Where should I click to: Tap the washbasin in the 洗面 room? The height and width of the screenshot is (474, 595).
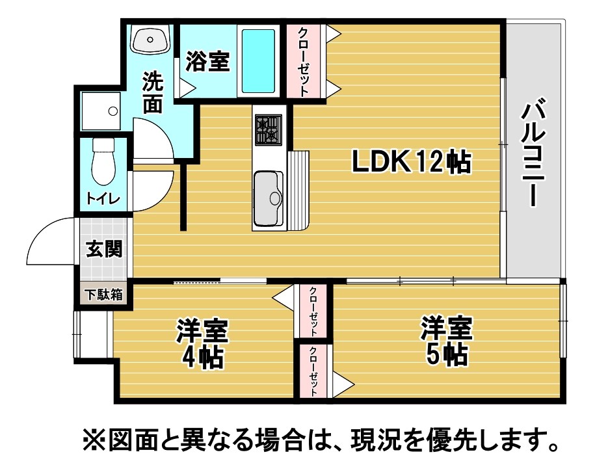pyautogui.click(x=150, y=39)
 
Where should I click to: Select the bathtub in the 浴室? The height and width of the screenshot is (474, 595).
pyautogui.click(x=258, y=61)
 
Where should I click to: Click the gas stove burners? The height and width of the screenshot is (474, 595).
pyautogui.click(x=269, y=129)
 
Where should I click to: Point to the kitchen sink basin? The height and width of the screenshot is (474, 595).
pyautogui.click(x=269, y=198)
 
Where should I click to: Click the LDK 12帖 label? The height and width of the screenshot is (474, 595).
pyautogui.click(x=412, y=162)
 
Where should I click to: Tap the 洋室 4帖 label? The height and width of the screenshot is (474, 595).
pyautogui.click(x=202, y=344)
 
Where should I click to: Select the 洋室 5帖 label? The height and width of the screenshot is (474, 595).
pyautogui.click(x=446, y=341)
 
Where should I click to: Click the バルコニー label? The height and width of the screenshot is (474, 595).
pyautogui.click(x=533, y=151)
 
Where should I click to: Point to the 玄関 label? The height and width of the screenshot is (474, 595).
pyautogui.click(x=104, y=249)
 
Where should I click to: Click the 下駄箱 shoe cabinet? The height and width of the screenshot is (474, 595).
pyautogui.click(x=104, y=295)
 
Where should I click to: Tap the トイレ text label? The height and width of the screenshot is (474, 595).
pyautogui.click(x=103, y=198)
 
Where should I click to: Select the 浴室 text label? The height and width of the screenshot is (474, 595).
pyautogui.click(x=207, y=62)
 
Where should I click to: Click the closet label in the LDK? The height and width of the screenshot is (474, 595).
pyautogui.click(x=304, y=62)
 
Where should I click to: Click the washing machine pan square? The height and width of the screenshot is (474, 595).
pyautogui.click(x=101, y=111)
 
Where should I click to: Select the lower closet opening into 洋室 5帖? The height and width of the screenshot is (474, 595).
pyautogui.click(x=313, y=371)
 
